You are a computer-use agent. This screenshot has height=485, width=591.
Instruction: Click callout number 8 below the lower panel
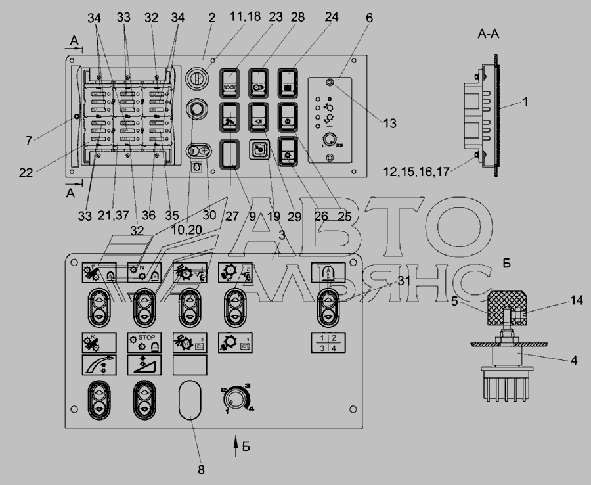(x=202, y=469)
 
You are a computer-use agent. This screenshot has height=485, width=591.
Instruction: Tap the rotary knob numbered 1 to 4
(x=236, y=398)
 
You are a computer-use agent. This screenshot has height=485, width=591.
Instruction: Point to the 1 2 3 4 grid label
(x=328, y=342)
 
